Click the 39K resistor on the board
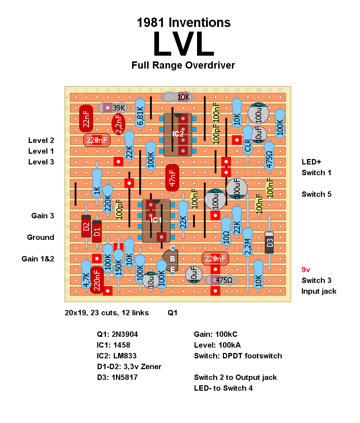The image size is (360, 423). tap(113, 108)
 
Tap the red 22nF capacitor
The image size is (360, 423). tap(86, 119)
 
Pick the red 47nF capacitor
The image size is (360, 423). tap(172, 177)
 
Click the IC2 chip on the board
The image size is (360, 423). tap(178, 135)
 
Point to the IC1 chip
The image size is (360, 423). tap(156, 221)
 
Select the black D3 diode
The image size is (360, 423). tap(270, 242)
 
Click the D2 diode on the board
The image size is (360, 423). tap(86, 226)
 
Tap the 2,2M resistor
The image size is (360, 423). tap(248, 242)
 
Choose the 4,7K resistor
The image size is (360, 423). tap(86, 275)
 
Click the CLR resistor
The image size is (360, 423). tap(248, 140)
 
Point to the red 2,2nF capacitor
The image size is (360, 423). tap(118, 124)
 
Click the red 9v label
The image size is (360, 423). tap(306, 270)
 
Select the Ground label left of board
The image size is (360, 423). tap(41, 237)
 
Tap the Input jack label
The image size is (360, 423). tap(319, 291)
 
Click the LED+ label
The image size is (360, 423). tap(311, 162)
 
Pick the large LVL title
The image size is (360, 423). tap(184, 44)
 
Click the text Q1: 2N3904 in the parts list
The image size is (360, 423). tap(117, 334)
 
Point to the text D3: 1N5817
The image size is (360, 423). tap(117, 377)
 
